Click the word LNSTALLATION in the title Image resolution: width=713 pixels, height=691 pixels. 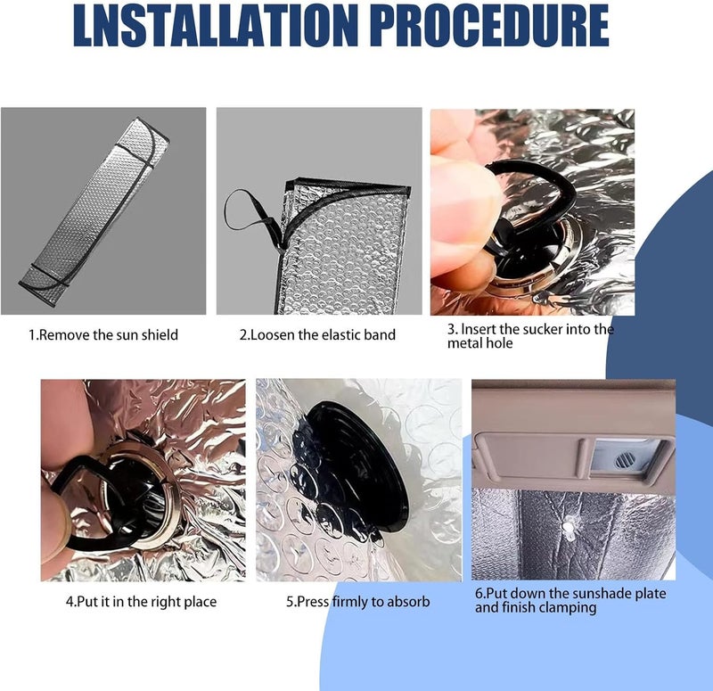213,26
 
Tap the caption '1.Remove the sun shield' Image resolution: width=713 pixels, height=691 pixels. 103,335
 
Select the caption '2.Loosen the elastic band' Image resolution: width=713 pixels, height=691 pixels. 317,335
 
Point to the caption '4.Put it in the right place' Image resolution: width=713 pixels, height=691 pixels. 141,602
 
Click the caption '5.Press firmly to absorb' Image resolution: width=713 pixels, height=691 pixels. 358,602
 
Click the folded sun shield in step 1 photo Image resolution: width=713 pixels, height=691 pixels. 94,211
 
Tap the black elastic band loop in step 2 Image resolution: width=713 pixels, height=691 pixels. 250,213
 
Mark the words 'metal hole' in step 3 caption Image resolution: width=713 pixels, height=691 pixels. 479,343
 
